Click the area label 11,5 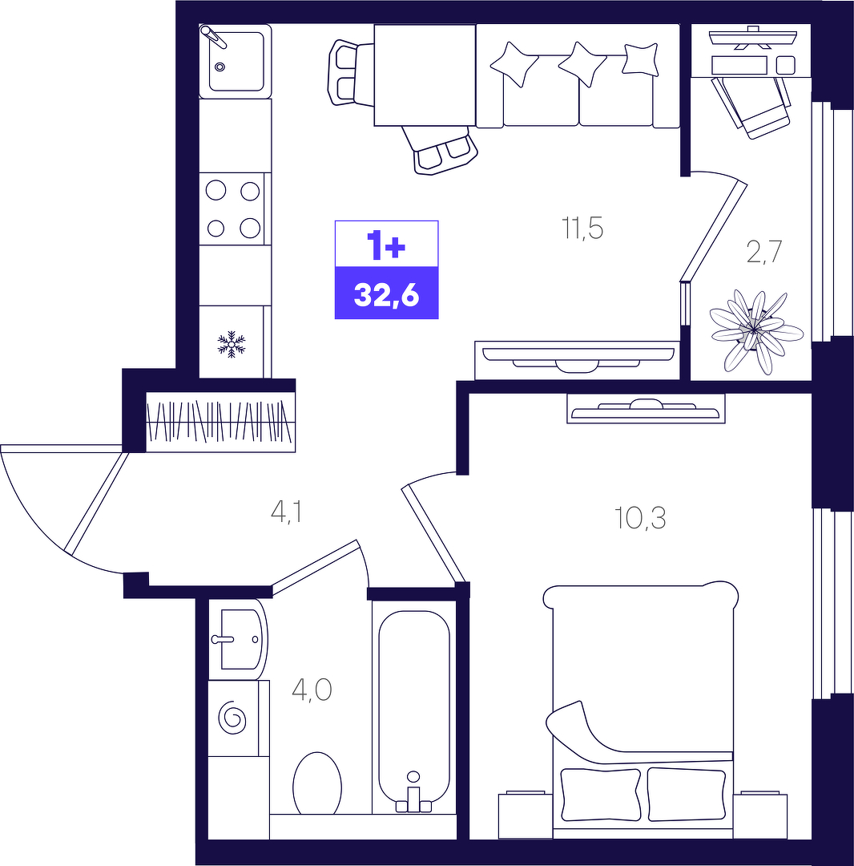click(x=582, y=228)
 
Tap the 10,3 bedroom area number click(x=640, y=519)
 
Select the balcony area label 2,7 click(x=764, y=252)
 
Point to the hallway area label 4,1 click(x=286, y=512)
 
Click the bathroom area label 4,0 click(x=312, y=690)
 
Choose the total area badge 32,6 click(x=387, y=295)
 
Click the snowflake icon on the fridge click(x=232, y=343)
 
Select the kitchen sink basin click(x=236, y=61)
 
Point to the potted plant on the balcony click(x=756, y=331)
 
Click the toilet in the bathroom click(x=317, y=783)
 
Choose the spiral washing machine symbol click(x=232, y=718)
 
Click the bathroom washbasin click(x=239, y=639)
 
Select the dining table click(x=425, y=75)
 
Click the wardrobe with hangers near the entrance click(x=220, y=422)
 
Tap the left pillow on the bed click(x=600, y=794)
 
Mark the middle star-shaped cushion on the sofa click(x=582, y=63)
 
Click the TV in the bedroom click(x=646, y=409)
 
